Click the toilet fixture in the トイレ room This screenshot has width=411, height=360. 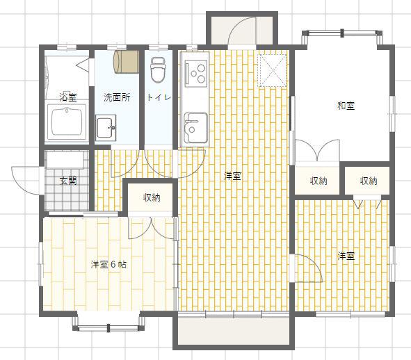click(x=158, y=70)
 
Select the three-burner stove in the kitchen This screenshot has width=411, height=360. click(x=196, y=73)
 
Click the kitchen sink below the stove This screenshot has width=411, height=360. click(x=195, y=127)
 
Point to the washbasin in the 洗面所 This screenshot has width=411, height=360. click(x=106, y=128)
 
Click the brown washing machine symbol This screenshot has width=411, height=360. click(x=126, y=62)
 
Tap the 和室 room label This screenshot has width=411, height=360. click(x=346, y=106)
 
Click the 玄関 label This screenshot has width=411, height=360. click(x=68, y=181)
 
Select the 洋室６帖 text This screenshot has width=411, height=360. click(x=108, y=264)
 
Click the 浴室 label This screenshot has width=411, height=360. click(x=68, y=97)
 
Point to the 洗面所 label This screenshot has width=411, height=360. click(x=117, y=97)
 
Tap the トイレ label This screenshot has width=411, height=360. click(x=159, y=97)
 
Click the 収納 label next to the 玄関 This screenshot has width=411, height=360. click(x=152, y=197)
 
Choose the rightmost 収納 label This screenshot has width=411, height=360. click(x=369, y=181)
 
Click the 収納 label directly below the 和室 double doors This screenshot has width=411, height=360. click(x=319, y=181)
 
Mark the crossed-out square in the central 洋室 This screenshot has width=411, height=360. click(x=272, y=70)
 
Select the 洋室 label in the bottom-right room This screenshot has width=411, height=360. click(x=346, y=256)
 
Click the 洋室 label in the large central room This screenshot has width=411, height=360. click(x=232, y=176)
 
